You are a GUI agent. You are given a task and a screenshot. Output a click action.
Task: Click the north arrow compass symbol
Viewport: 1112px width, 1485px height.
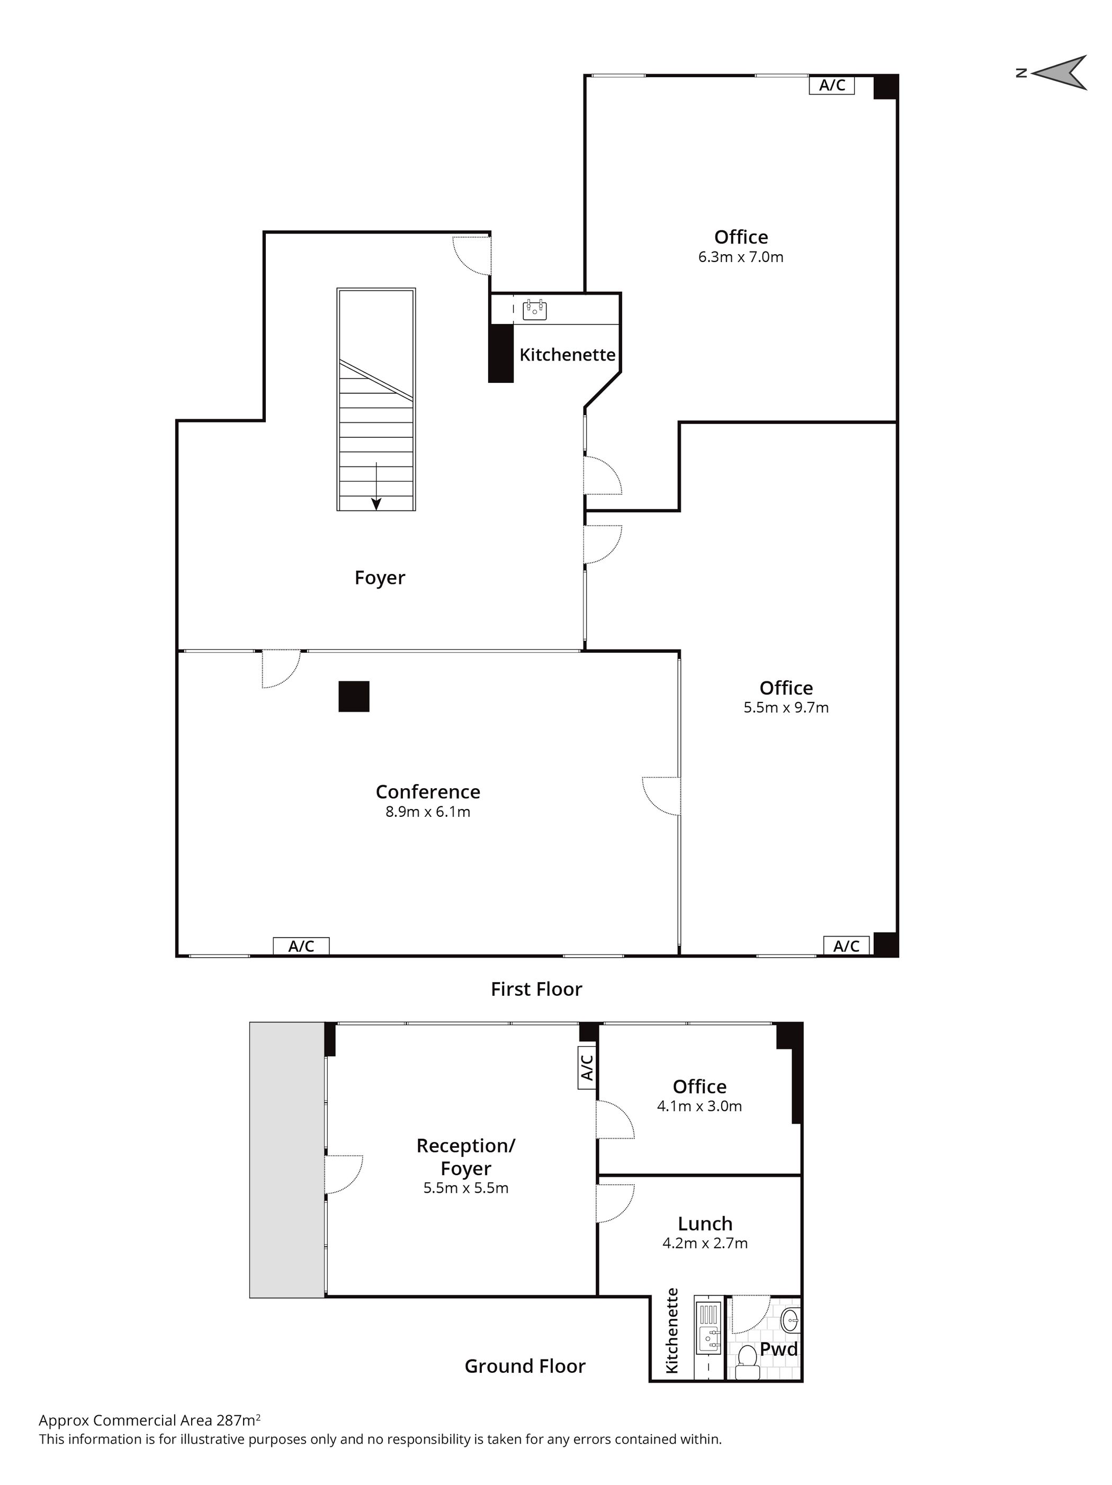1059,73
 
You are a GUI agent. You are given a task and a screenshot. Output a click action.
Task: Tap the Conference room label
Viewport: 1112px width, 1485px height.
428,791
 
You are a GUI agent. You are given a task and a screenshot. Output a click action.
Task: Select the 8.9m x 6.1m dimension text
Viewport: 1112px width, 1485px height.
428,812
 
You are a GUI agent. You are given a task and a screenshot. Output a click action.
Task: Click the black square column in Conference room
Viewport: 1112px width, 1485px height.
354,696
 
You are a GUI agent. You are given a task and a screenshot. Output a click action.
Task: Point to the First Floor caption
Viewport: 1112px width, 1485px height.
536,989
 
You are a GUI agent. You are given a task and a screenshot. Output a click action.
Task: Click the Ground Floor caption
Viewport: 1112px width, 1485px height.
525,1366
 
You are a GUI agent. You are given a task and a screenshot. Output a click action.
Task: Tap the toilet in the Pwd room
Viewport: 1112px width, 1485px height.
747,1357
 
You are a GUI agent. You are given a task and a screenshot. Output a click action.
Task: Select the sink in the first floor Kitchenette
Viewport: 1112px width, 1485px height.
534,309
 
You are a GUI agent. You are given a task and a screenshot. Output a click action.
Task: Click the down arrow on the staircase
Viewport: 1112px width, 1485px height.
376,486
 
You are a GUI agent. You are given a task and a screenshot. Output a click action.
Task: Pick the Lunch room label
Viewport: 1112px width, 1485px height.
705,1224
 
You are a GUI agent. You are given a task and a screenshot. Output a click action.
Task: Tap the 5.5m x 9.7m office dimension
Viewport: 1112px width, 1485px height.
786,708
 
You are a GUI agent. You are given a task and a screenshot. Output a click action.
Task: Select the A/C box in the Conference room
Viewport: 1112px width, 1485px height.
301,946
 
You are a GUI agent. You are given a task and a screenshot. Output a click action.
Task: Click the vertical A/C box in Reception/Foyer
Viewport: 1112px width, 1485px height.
587,1067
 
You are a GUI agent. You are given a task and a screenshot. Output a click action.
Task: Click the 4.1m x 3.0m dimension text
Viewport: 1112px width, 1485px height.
699,1106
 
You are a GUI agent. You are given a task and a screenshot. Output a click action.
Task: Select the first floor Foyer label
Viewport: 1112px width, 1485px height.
380,578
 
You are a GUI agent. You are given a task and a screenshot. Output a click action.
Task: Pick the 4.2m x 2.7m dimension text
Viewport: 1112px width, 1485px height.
705,1243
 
